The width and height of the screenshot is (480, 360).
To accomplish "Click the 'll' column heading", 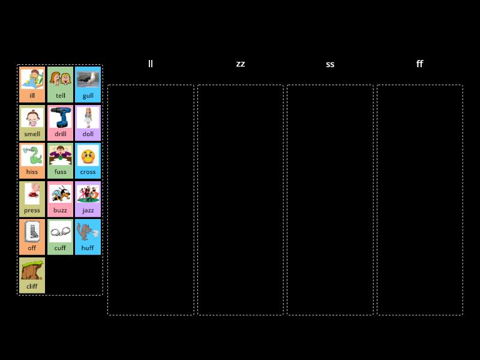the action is coord(151,64).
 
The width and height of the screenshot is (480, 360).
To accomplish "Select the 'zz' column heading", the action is coord(241,64).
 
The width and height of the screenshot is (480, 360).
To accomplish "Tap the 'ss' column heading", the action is coord(330,64).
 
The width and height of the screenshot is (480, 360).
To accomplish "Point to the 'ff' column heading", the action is coord(419,64).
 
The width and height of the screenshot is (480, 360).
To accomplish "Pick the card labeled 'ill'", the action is coord(32,85).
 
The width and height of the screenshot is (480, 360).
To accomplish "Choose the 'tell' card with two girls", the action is coord(61,85).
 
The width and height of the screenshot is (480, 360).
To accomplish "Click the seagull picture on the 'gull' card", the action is coord(88,79).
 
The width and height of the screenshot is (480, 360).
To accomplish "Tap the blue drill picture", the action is coord(61,117).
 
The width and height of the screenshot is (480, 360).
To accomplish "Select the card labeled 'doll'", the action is coord(88,123).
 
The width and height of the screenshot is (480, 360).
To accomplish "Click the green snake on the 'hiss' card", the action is coord(32,155).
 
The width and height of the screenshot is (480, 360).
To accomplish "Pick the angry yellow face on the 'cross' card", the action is coord(88,156).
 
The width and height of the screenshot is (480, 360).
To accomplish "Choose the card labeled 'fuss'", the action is coord(61,161).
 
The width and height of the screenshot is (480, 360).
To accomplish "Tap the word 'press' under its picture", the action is coord(32,211).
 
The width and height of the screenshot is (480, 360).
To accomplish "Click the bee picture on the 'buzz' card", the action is coord(61,194).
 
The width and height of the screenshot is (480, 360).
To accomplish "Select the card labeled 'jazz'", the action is coord(88,199).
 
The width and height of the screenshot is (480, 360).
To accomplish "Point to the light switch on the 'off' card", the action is coord(32,232).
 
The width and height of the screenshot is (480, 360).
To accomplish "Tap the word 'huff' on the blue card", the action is coord(88,248).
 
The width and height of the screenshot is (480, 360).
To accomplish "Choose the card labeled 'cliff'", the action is coord(32,275).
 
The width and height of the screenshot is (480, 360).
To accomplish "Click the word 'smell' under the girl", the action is coord(32,134).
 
